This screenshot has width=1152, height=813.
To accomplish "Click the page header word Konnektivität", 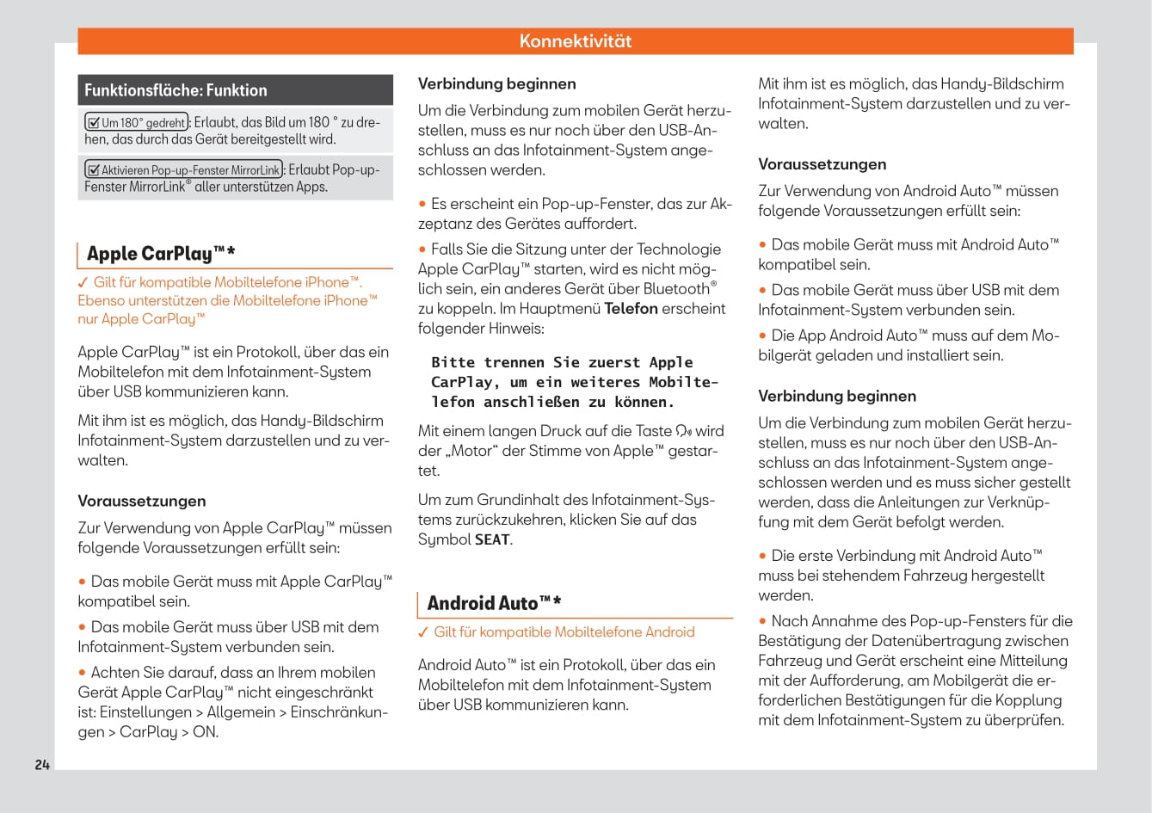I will [576, 41].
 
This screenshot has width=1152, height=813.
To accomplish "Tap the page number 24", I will [42, 765].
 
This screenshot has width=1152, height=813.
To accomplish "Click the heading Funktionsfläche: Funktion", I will [176, 90].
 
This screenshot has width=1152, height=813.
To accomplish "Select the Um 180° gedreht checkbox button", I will [137, 123].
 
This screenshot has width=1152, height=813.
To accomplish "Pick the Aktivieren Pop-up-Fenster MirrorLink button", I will [183, 170].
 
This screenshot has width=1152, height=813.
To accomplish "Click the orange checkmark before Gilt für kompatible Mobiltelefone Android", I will [423, 632].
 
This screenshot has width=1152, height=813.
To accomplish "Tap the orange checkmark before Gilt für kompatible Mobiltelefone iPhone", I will [83, 282].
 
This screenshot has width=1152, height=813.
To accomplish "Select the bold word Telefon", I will [631, 309].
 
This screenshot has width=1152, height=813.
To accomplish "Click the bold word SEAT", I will [492, 540].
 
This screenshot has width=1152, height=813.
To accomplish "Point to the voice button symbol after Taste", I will [684, 431].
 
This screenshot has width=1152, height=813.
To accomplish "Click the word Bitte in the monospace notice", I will [453, 363].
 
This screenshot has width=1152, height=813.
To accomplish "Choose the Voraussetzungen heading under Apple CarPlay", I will [142, 502].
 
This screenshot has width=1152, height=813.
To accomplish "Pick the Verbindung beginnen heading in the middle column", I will [496, 84].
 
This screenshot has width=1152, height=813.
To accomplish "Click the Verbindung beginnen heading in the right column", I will [836, 397].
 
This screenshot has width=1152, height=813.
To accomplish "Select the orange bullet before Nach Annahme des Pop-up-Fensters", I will [762, 621].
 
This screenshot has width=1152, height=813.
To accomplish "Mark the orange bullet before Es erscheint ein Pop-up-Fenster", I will [422, 205].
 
